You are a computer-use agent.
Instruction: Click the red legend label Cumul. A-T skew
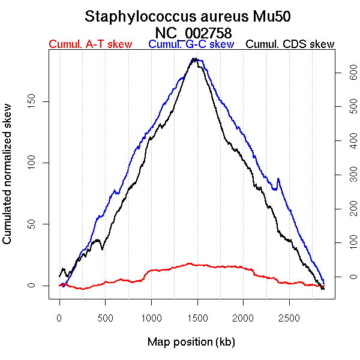click(x=90, y=44)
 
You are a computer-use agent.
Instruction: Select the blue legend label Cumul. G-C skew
click(x=191, y=44)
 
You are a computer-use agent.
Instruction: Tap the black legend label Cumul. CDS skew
click(x=290, y=44)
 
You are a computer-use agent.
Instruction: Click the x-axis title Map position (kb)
click(x=191, y=342)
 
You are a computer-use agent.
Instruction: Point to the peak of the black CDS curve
click(x=194, y=59)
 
